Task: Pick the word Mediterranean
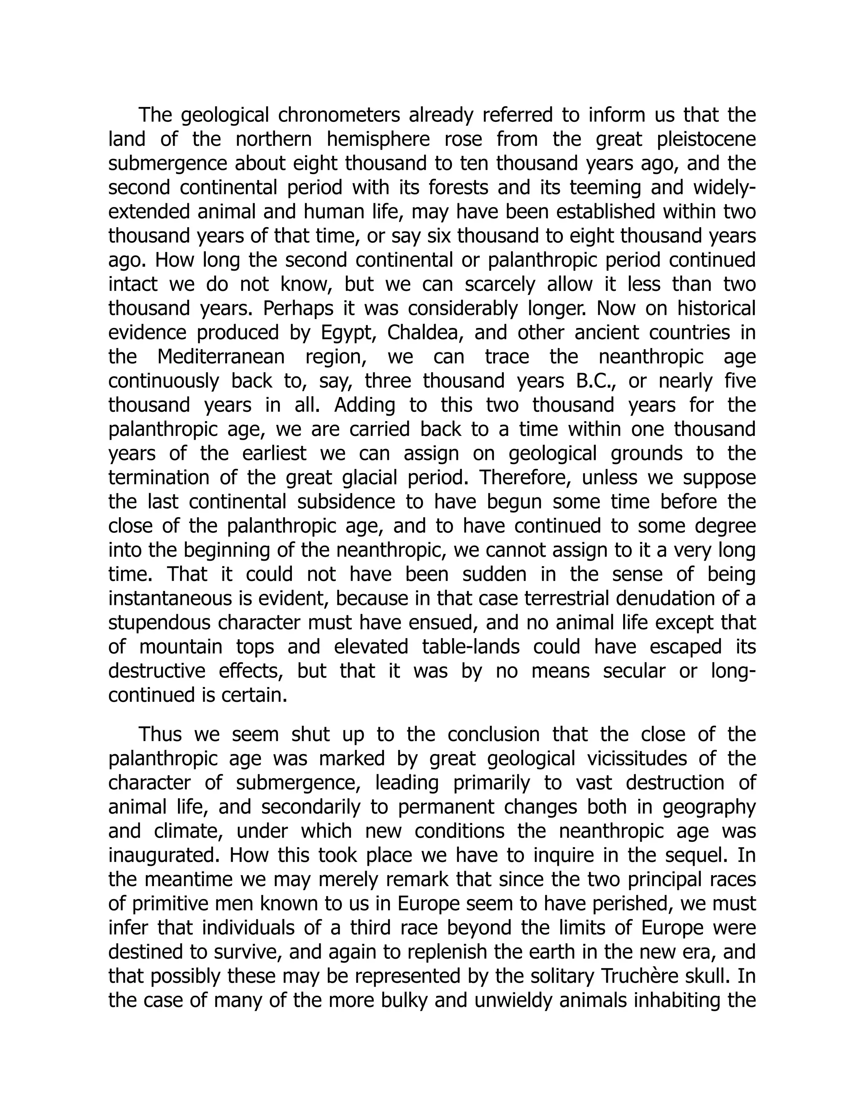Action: [x=221, y=357]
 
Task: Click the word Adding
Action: [x=364, y=405]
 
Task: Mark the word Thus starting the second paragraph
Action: [x=160, y=734]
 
